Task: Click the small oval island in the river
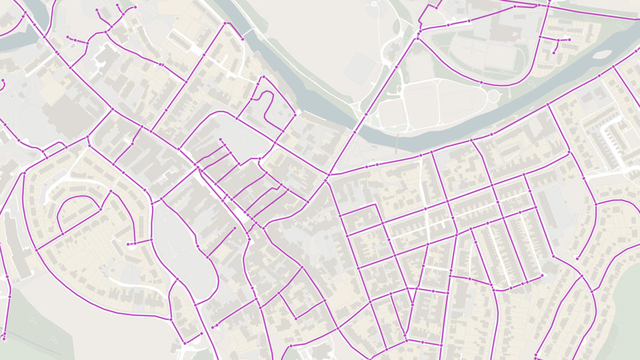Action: click(602, 55)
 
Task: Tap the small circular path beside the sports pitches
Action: click(493, 97)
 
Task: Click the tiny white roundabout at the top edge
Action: click(375, 4)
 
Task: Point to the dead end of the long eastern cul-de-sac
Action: click(577, 259)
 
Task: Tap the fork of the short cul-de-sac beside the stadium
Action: click(557, 40)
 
